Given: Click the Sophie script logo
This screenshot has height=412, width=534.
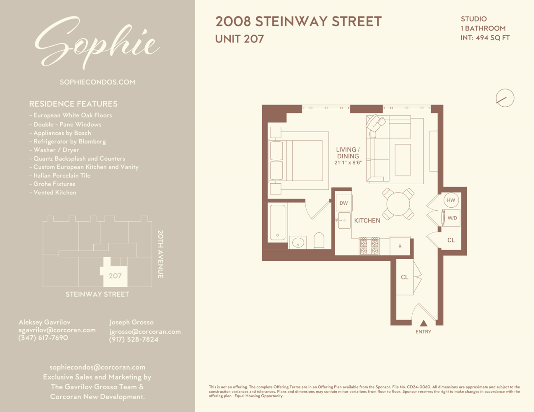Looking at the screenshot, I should (x=97, y=43).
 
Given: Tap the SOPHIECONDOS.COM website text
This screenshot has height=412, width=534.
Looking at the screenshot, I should (x=97, y=82).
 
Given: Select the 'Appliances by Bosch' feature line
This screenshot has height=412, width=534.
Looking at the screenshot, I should (x=62, y=133).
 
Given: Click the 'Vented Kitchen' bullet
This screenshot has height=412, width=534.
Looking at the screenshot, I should (x=54, y=192).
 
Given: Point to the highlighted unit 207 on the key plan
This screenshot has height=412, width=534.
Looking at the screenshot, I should (x=115, y=276).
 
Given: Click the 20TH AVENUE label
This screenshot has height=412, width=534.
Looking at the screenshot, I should (x=161, y=254).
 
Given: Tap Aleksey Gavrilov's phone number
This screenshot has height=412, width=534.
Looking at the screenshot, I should (x=43, y=338).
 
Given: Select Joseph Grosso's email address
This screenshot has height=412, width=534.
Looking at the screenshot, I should (x=145, y=332).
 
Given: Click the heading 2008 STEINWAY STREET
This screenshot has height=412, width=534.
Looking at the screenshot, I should (x=298, y=22).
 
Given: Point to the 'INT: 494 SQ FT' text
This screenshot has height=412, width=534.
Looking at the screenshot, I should (x=485, y=38).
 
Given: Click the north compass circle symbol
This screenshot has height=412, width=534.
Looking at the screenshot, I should (x=505, y=98).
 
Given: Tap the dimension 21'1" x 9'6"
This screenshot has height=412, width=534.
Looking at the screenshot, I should (x=348, y=163).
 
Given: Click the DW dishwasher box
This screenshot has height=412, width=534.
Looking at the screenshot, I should (x=344, y=203).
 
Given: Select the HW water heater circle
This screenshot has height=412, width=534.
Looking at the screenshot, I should (x=451, y=200).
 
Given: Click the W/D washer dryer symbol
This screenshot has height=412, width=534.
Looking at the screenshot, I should (x=451, y=218).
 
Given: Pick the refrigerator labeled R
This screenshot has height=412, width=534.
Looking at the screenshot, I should (x=400, y=246).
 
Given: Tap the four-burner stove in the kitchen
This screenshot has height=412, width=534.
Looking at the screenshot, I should (x=369, y=246).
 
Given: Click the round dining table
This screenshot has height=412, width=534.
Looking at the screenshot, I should (x=398, y=204).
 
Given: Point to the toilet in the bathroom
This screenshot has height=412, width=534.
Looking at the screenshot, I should (x=319, y=241).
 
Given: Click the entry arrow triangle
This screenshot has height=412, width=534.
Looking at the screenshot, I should (x=423, y=323).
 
